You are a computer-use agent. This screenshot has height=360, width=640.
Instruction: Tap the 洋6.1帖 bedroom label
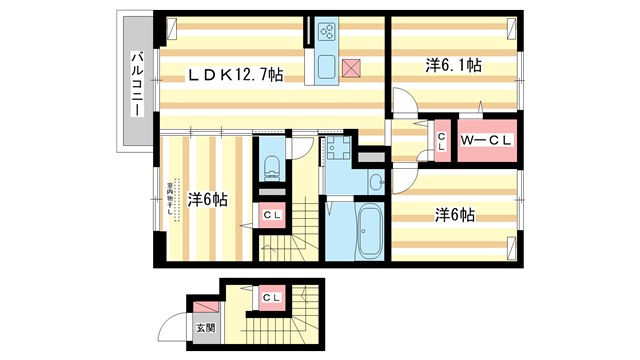click(x=454, y=66)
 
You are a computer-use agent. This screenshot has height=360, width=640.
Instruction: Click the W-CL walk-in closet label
click(x=486, y=140)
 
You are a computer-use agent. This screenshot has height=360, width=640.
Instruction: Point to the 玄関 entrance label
click(x=205, y=327)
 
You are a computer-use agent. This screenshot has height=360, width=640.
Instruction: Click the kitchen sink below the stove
click(x=328, y=68)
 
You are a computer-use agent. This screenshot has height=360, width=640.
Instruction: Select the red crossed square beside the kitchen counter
click(x=352, y=68)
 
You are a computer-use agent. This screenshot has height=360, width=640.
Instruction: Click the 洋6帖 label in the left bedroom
click(x=207, y=199)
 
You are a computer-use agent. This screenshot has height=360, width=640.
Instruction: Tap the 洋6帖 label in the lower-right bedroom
click(x=454, y=214)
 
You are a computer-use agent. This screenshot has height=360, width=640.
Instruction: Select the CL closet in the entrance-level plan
click(x=270, y=298)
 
